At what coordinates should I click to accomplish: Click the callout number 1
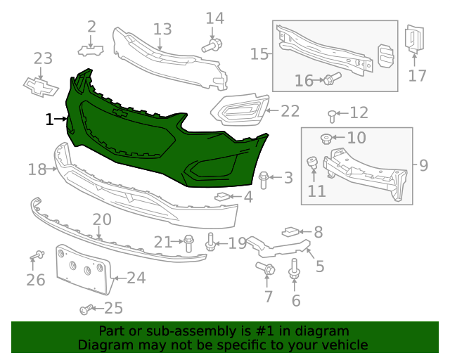(49, 120)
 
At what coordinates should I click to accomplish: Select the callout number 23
(44, 59)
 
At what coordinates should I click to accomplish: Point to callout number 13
(162, 29)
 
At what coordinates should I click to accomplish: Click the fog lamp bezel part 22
(239, 110)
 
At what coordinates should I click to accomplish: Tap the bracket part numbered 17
(413, 39)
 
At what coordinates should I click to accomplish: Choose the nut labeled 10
(326, 136)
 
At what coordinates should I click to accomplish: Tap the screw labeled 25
(86, 309)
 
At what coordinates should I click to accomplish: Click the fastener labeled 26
(36, 255)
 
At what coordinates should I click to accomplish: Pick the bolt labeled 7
(267, 269)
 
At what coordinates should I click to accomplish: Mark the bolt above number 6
(294, 270)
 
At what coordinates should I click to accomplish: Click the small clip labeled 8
(291, 231)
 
